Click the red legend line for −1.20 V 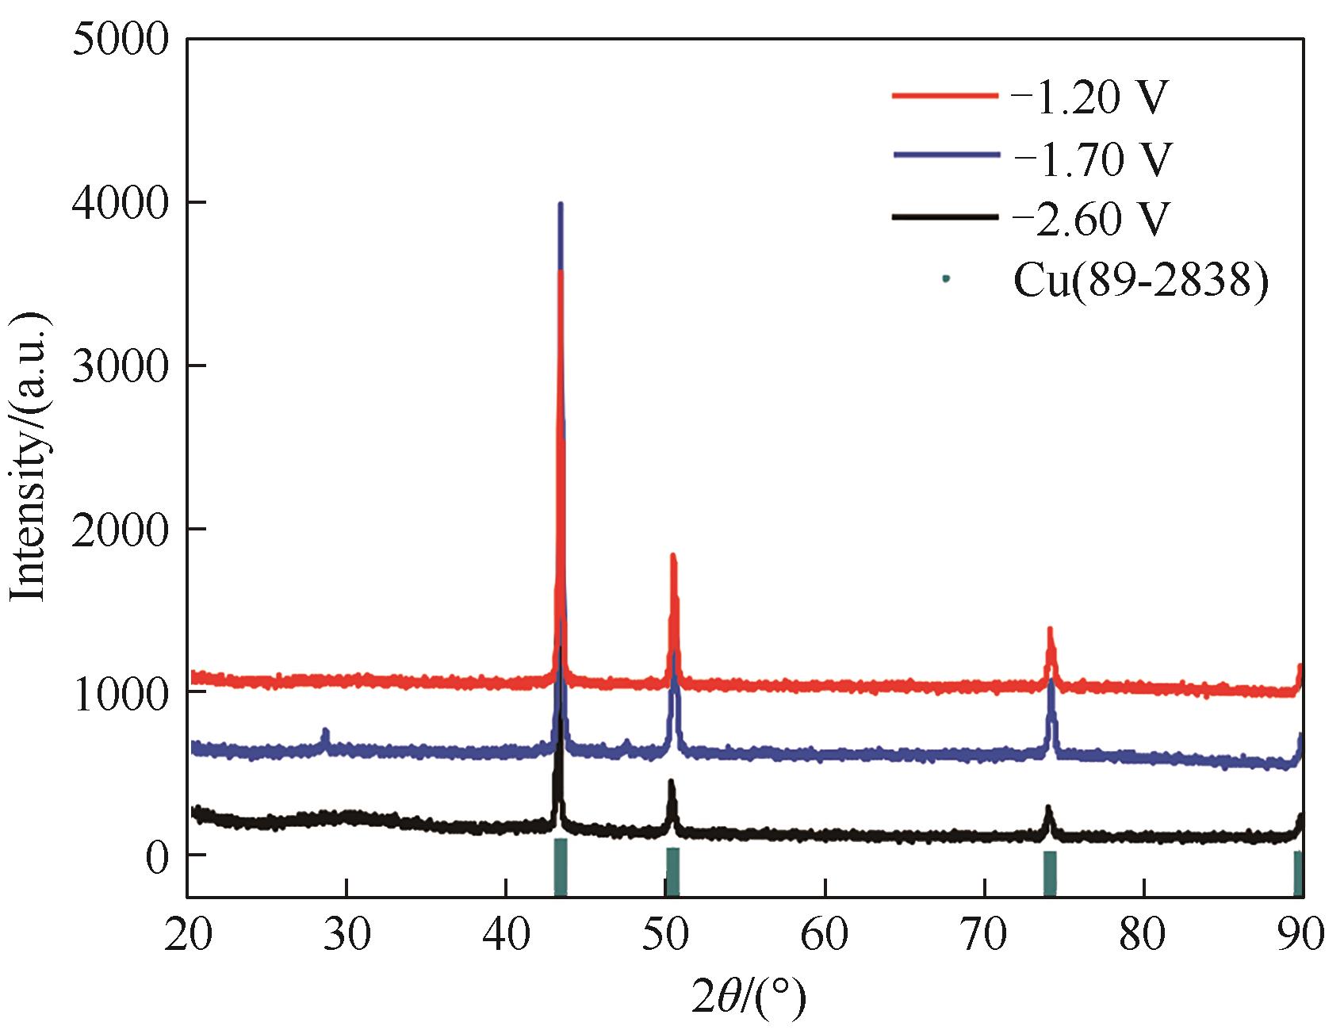click(944, 96)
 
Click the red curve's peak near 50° click(673, 557)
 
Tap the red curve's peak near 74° click(1050, 630)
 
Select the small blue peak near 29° click(325, 731)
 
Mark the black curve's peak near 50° click(671, 783)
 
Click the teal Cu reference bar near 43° click(560, 867)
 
